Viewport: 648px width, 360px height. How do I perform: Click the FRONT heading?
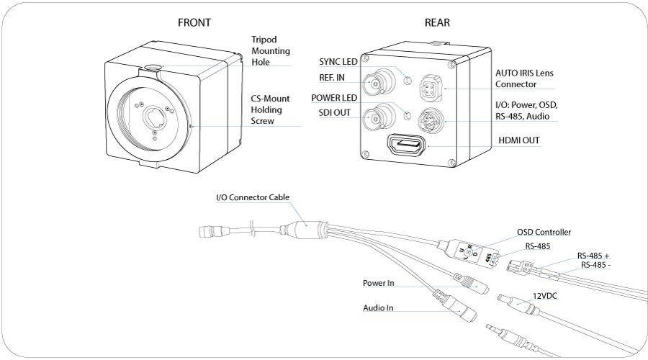194,22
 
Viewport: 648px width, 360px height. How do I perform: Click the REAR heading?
437,22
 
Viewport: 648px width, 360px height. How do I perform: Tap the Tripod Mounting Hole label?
270,51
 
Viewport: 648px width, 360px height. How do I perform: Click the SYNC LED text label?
338,62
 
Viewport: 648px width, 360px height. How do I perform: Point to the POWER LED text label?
334,97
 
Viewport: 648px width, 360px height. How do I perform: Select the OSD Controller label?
544,232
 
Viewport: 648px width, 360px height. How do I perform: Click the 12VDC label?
546,296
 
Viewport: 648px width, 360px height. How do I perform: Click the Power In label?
379,283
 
